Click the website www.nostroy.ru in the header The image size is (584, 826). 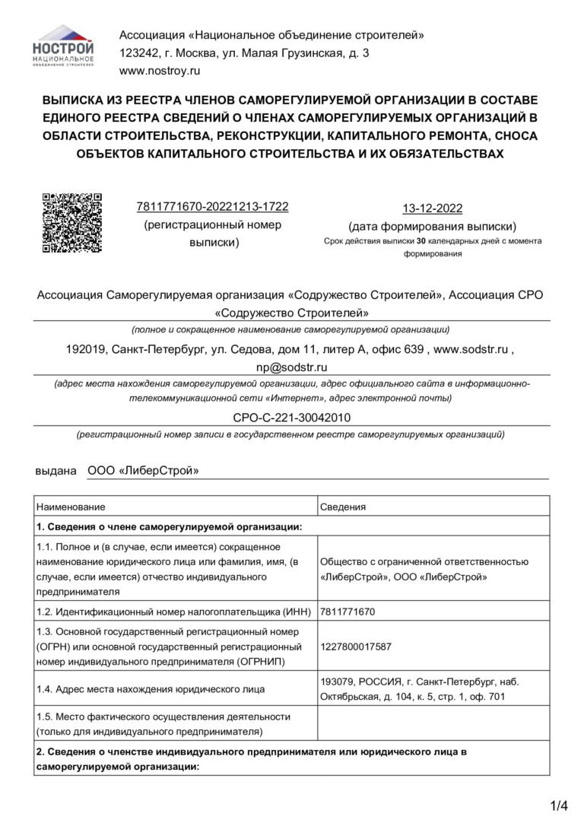click(159, 71)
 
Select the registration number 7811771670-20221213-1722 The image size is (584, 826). click(212, 207)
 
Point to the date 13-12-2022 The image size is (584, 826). click(432, 209)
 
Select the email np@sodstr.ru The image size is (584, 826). click(291, 366)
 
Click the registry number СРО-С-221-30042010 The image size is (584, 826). click(291, 418)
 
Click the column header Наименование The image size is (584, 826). click(70, 506)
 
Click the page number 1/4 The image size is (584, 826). click(559, 805)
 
